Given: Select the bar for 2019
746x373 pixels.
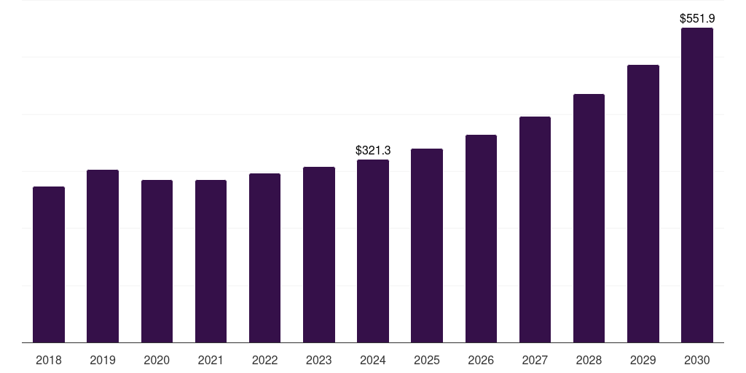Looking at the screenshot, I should pyautogui.click(x=103, y=256).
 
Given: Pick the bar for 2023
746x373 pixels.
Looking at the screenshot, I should pyautogui.click(x=319, y=254).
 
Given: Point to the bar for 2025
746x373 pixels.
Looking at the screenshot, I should pyautogui.click(x=427, y=246).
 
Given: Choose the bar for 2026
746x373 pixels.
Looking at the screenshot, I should pyautogui.click(x=481, y=238).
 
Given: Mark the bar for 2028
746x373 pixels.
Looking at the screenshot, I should pyautogui.click(x=589, y=218).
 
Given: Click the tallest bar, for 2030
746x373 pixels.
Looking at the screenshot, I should pyautogui.click(x=697, y=185).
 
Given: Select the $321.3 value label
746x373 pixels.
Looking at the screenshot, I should pyautogui.click(x=373, y=151).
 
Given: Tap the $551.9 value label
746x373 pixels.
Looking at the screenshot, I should pyautogui.click(x=697, y=19).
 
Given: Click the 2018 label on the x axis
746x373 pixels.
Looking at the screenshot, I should pyautogui.click(x=49, y=360).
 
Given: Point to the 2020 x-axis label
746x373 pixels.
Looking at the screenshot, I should pyautogui.click(x=157, y=360).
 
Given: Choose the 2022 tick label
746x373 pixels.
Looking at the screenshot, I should pyautogui.click(x=264, y=360).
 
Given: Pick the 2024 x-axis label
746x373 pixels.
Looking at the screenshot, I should pyautogui.click(x=373, y=360).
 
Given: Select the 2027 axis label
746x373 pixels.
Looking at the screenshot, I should pyautogui.click(x=535, y=360).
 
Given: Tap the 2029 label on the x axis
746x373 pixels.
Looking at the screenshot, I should pyautogui.click(x=643, y=360).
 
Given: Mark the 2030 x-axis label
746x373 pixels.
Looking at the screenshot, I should pyautogui.click(x=697, y=360).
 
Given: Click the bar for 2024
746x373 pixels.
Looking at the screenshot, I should pyautogui.click(x=373, y=251).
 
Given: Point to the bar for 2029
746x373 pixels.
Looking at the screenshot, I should pyautogui.click(x=643, y=203).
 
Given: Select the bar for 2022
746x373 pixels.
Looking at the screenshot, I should pyautogui.click(x=264, y=258).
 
